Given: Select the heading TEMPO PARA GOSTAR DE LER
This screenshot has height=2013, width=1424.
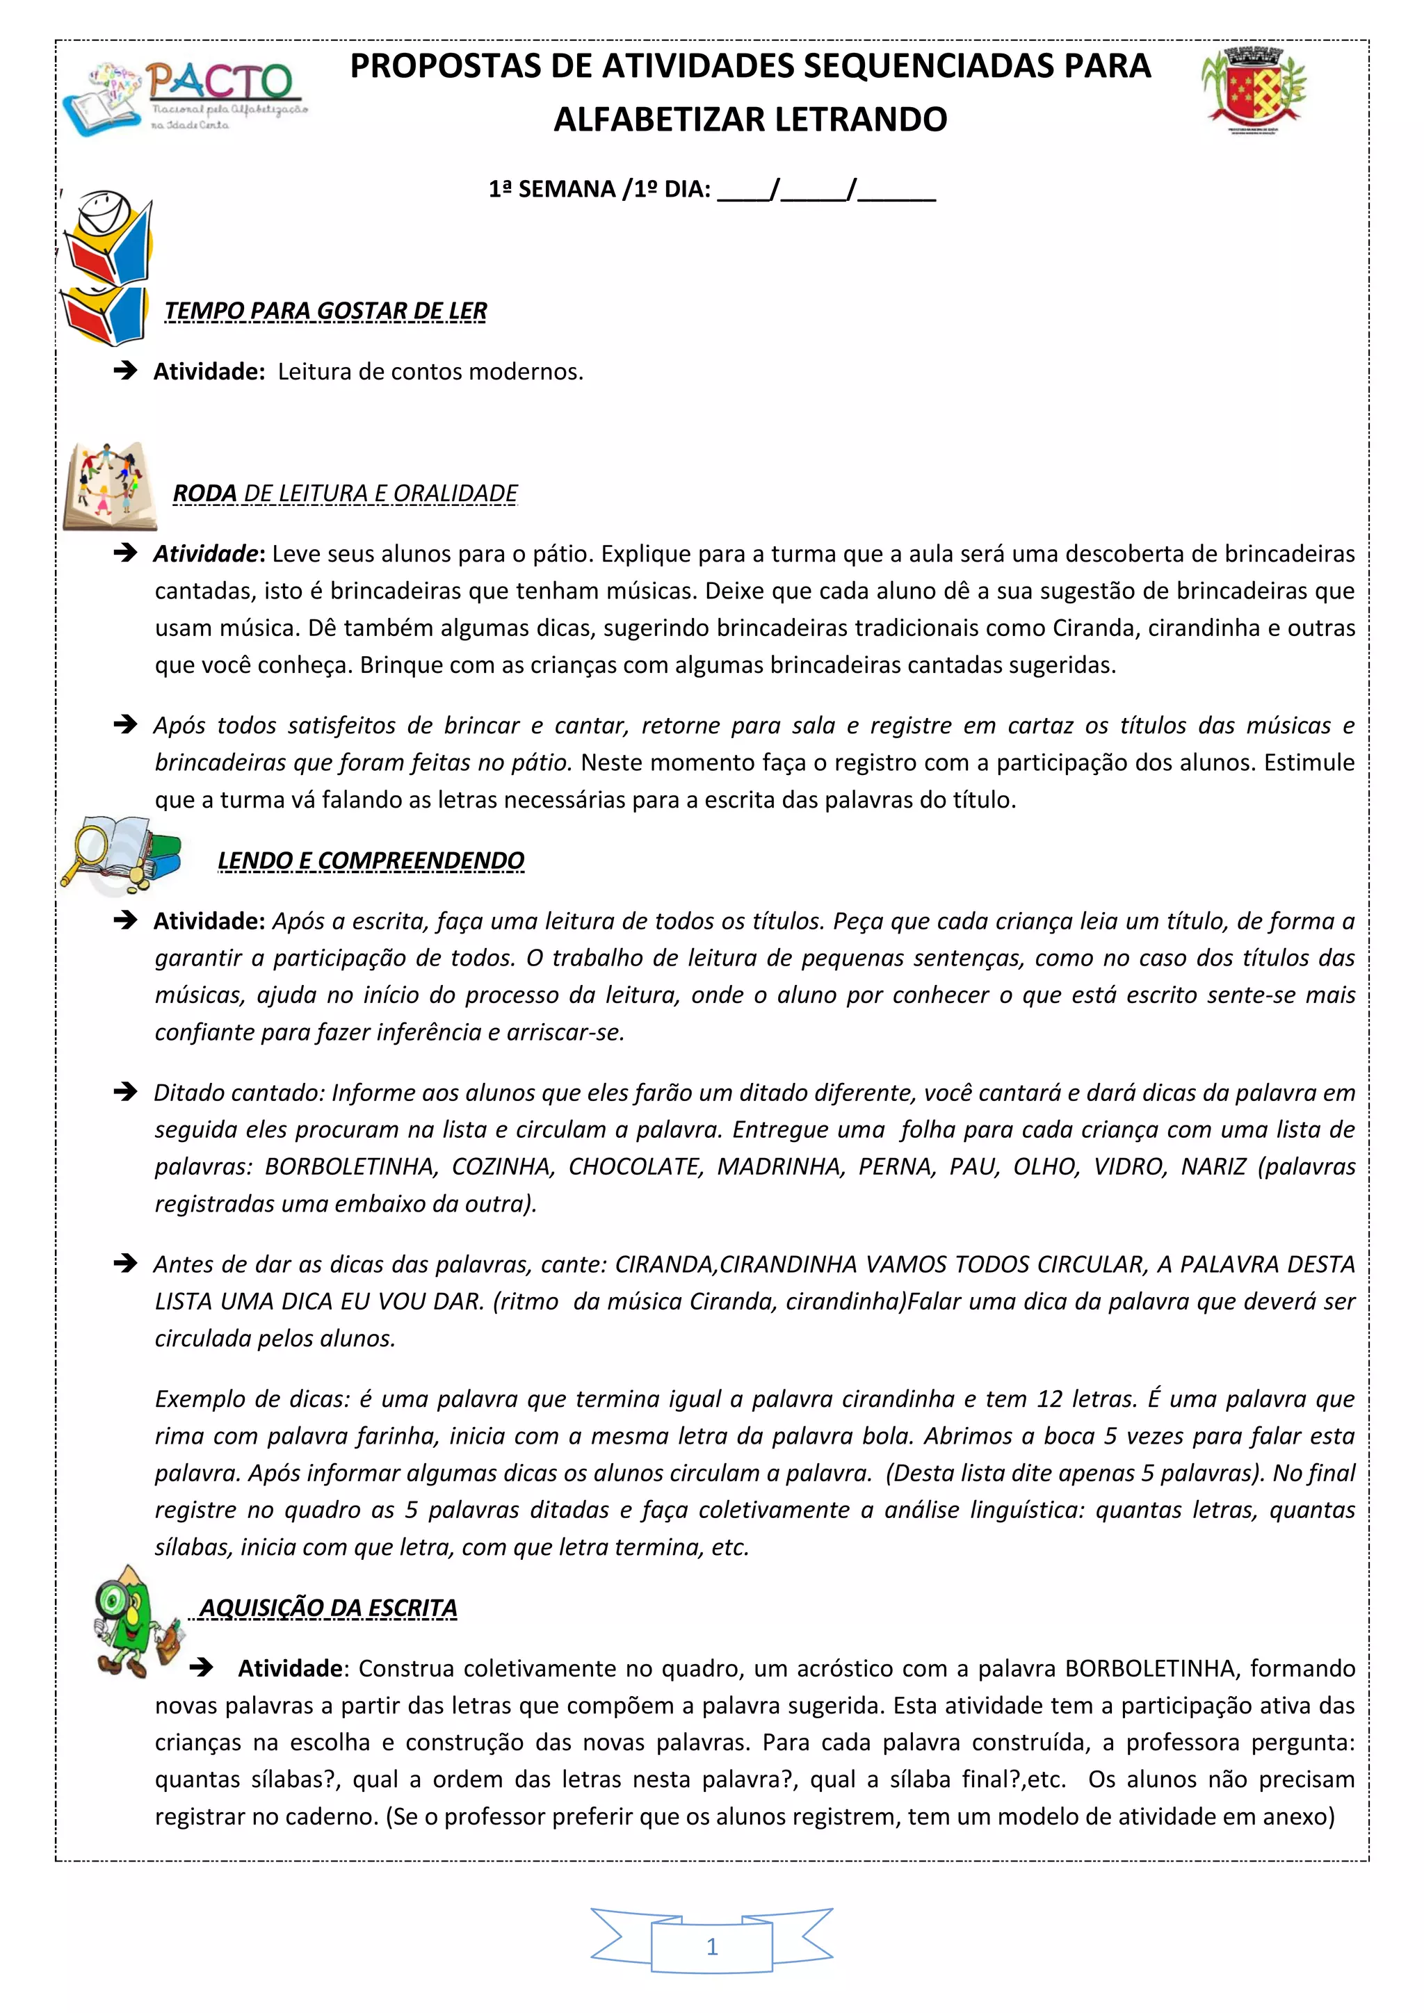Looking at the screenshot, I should point(325,311).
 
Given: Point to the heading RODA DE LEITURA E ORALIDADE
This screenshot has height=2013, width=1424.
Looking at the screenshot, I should point(346,494).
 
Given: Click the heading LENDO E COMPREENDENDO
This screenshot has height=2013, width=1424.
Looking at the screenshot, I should point(371,861).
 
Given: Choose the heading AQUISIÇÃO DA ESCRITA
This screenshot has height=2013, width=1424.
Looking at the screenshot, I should point(328,1608).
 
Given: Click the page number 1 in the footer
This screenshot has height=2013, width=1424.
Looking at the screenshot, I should point(712,1947).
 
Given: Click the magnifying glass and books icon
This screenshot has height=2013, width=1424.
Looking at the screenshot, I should point(121,853).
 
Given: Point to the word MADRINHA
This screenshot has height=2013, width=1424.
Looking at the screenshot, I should point(779,1167).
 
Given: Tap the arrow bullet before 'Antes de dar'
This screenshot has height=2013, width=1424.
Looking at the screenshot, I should point(125,1264).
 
